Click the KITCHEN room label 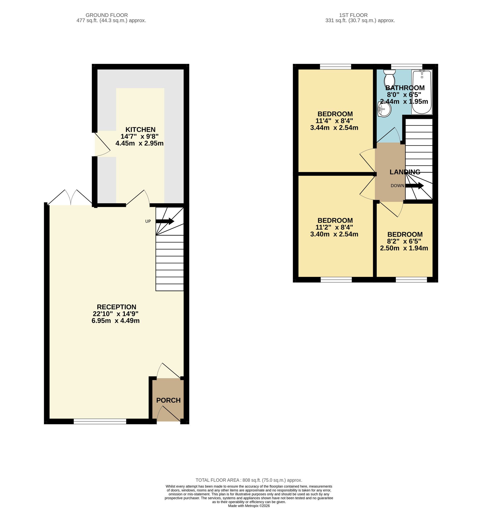point(140,129)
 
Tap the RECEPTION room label point(116,307)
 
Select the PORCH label point(168,400)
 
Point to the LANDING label point(405,172)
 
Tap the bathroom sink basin point(384,109)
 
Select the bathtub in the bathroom point(422,92)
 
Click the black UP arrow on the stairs point(165,221)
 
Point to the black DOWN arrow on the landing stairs point(415,185)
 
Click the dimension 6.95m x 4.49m point(116,321)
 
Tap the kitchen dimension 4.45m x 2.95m point(140,143)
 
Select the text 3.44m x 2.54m point(334,127)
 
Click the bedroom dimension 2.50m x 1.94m point(404,248)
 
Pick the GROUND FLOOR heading point(107,15)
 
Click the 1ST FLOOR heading point(353,15)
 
